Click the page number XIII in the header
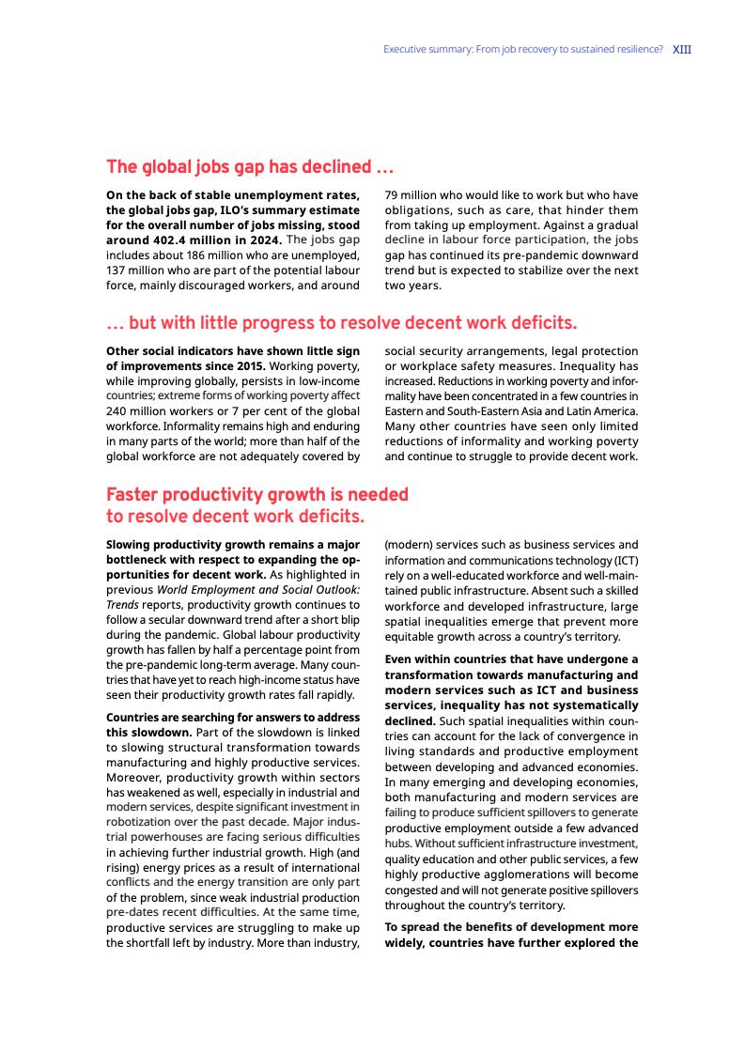[682, 49]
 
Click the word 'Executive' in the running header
[406, 49]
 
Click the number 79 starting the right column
[392, 195]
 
